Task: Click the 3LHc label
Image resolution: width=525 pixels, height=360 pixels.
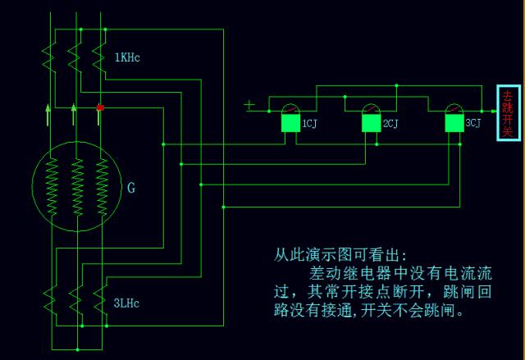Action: (128, 303)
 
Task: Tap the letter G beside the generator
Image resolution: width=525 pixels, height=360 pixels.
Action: (131, 188)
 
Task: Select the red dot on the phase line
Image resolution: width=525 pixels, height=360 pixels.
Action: (100, 107)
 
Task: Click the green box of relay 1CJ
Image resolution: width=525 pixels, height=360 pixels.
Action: (290, 123)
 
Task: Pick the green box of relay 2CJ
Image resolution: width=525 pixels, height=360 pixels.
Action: (372, 123)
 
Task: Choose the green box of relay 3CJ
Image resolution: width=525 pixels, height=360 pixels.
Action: (454, 123)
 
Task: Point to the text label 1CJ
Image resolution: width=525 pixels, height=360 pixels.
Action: (309, 124)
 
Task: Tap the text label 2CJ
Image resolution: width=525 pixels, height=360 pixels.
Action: (391, 124)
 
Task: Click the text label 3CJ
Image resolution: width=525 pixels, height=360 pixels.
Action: (473, 124)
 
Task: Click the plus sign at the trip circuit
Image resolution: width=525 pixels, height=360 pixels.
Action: (249, 104)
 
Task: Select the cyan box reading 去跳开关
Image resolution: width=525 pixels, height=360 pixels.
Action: (508, 112)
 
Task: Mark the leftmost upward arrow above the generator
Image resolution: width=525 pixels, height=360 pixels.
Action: (48, 113)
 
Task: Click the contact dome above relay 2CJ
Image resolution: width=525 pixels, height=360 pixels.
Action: (372, 109)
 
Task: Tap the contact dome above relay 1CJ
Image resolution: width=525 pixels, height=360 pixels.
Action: (290, 109)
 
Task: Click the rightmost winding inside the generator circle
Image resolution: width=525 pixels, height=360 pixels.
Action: (102, 189)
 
